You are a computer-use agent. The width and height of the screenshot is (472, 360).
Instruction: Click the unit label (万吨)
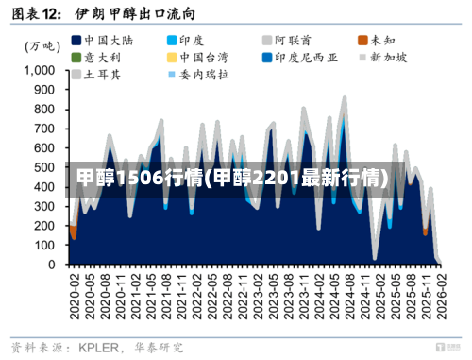(x=39, y=45)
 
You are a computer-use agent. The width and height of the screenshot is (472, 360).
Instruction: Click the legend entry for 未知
(x=376, y=40)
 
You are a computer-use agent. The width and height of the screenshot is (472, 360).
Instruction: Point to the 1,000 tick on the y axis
(x=38, y=71)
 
